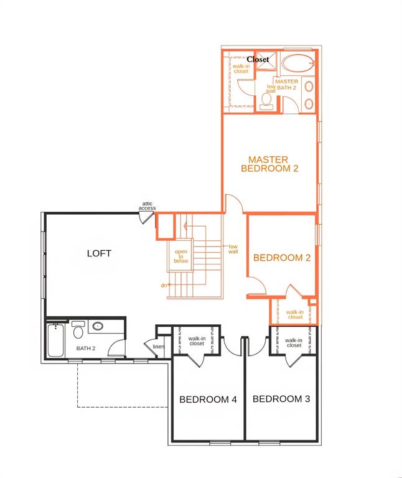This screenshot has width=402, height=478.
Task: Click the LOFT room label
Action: [99, 253]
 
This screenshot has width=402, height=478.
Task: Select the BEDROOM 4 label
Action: [208, 400]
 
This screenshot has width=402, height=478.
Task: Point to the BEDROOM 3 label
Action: [281, 399]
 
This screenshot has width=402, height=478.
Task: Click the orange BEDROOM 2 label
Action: [281, 258]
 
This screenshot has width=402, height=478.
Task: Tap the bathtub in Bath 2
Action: [55, 341]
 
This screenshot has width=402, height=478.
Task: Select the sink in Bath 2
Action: [98, 326]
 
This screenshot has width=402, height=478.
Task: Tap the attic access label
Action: [147, 205]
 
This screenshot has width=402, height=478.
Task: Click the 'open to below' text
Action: [181, 256]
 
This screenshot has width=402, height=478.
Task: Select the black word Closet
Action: [258, 59]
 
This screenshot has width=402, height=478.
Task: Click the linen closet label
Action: [158, 347]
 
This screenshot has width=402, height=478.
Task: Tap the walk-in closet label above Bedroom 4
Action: [197, 341]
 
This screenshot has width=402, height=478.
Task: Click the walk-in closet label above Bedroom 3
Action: [294, 342]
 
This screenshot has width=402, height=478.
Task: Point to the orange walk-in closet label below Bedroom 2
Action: [295, 314]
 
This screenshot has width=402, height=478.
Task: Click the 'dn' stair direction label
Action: [164, 285]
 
